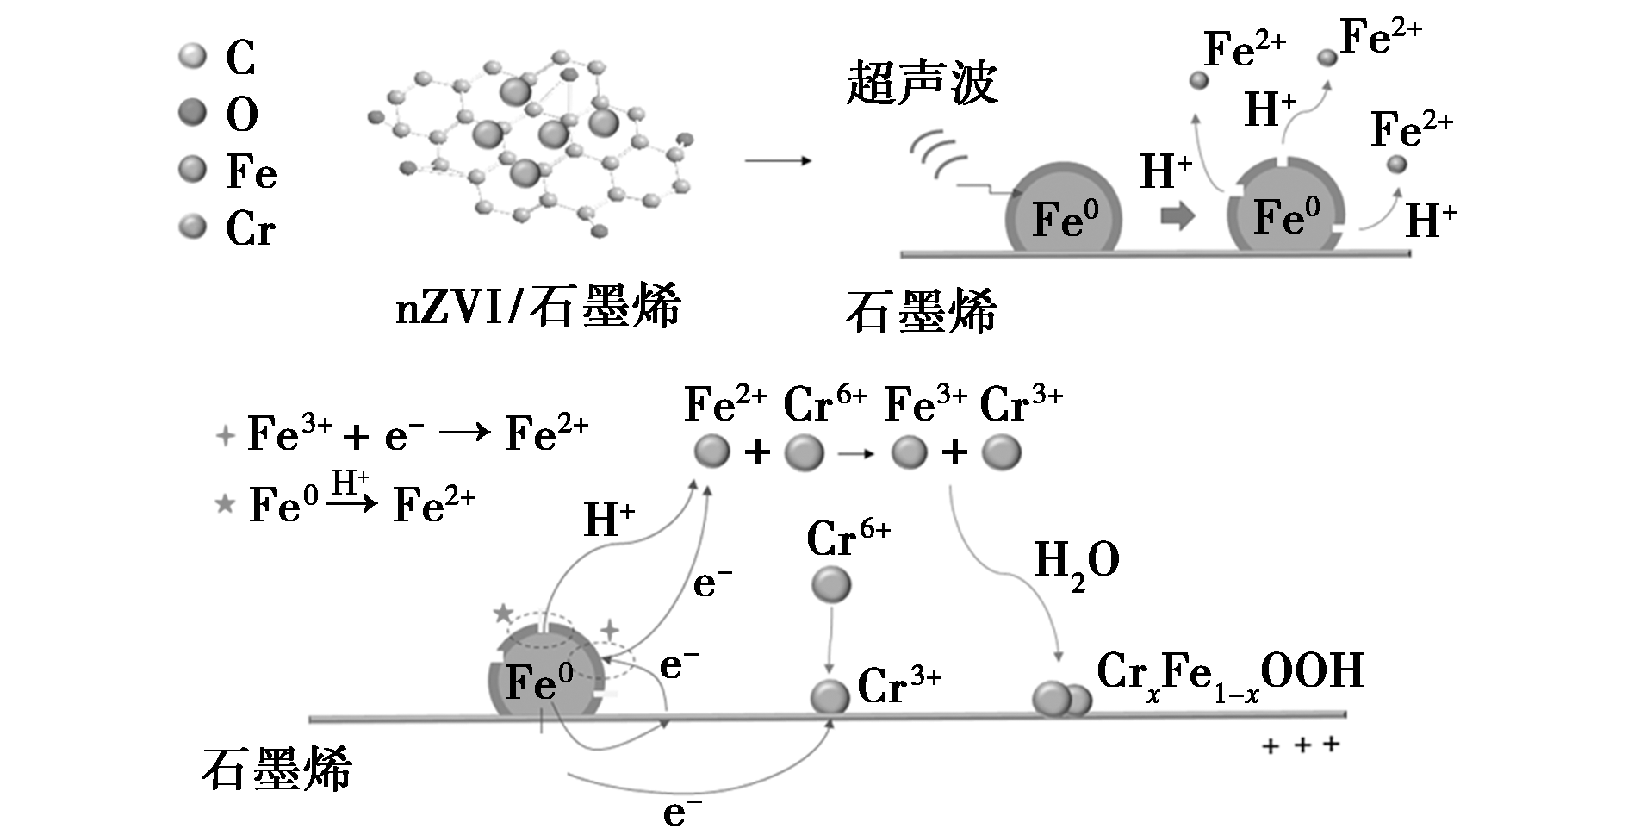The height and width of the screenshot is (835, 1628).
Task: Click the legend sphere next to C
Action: (193, 57)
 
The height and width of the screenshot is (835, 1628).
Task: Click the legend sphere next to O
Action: (193, 112)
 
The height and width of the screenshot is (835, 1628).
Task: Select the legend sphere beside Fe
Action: (193, 169)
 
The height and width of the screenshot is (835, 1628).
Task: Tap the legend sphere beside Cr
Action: (193, 227)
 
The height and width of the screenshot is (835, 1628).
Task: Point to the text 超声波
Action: (922, 84)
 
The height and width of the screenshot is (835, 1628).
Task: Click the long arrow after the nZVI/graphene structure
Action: (778, 161)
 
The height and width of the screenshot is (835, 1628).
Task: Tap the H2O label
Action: (1076, 563)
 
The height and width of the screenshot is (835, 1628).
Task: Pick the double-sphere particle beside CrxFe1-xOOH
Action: (1061, 699)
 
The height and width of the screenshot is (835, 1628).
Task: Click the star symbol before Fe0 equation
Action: (225, 503)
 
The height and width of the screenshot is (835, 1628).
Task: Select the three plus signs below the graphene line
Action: (1301, 745)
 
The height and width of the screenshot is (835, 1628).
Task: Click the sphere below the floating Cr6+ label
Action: (831, 586)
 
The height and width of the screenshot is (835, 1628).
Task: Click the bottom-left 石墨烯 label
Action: (277, 770)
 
